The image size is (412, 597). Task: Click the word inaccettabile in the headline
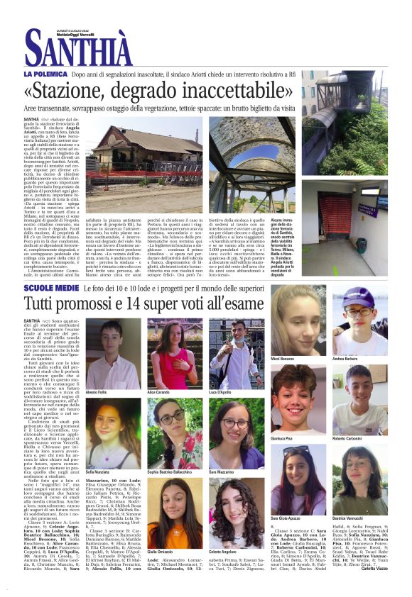pos(227,91)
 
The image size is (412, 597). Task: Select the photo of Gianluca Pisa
pos(298,401)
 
